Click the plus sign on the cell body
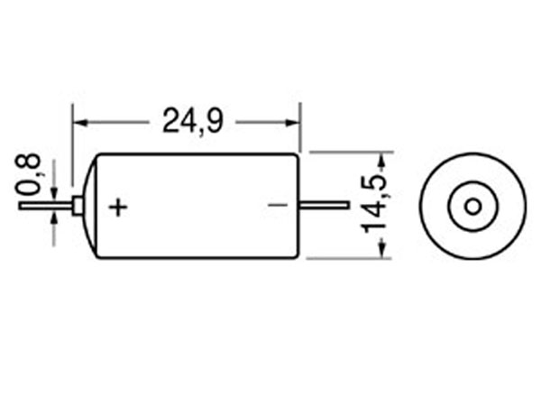(x=118, y=207)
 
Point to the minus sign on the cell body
(x=278, y=206)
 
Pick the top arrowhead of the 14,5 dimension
(x=381, y=160)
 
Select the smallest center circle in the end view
(x=472, y=206)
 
